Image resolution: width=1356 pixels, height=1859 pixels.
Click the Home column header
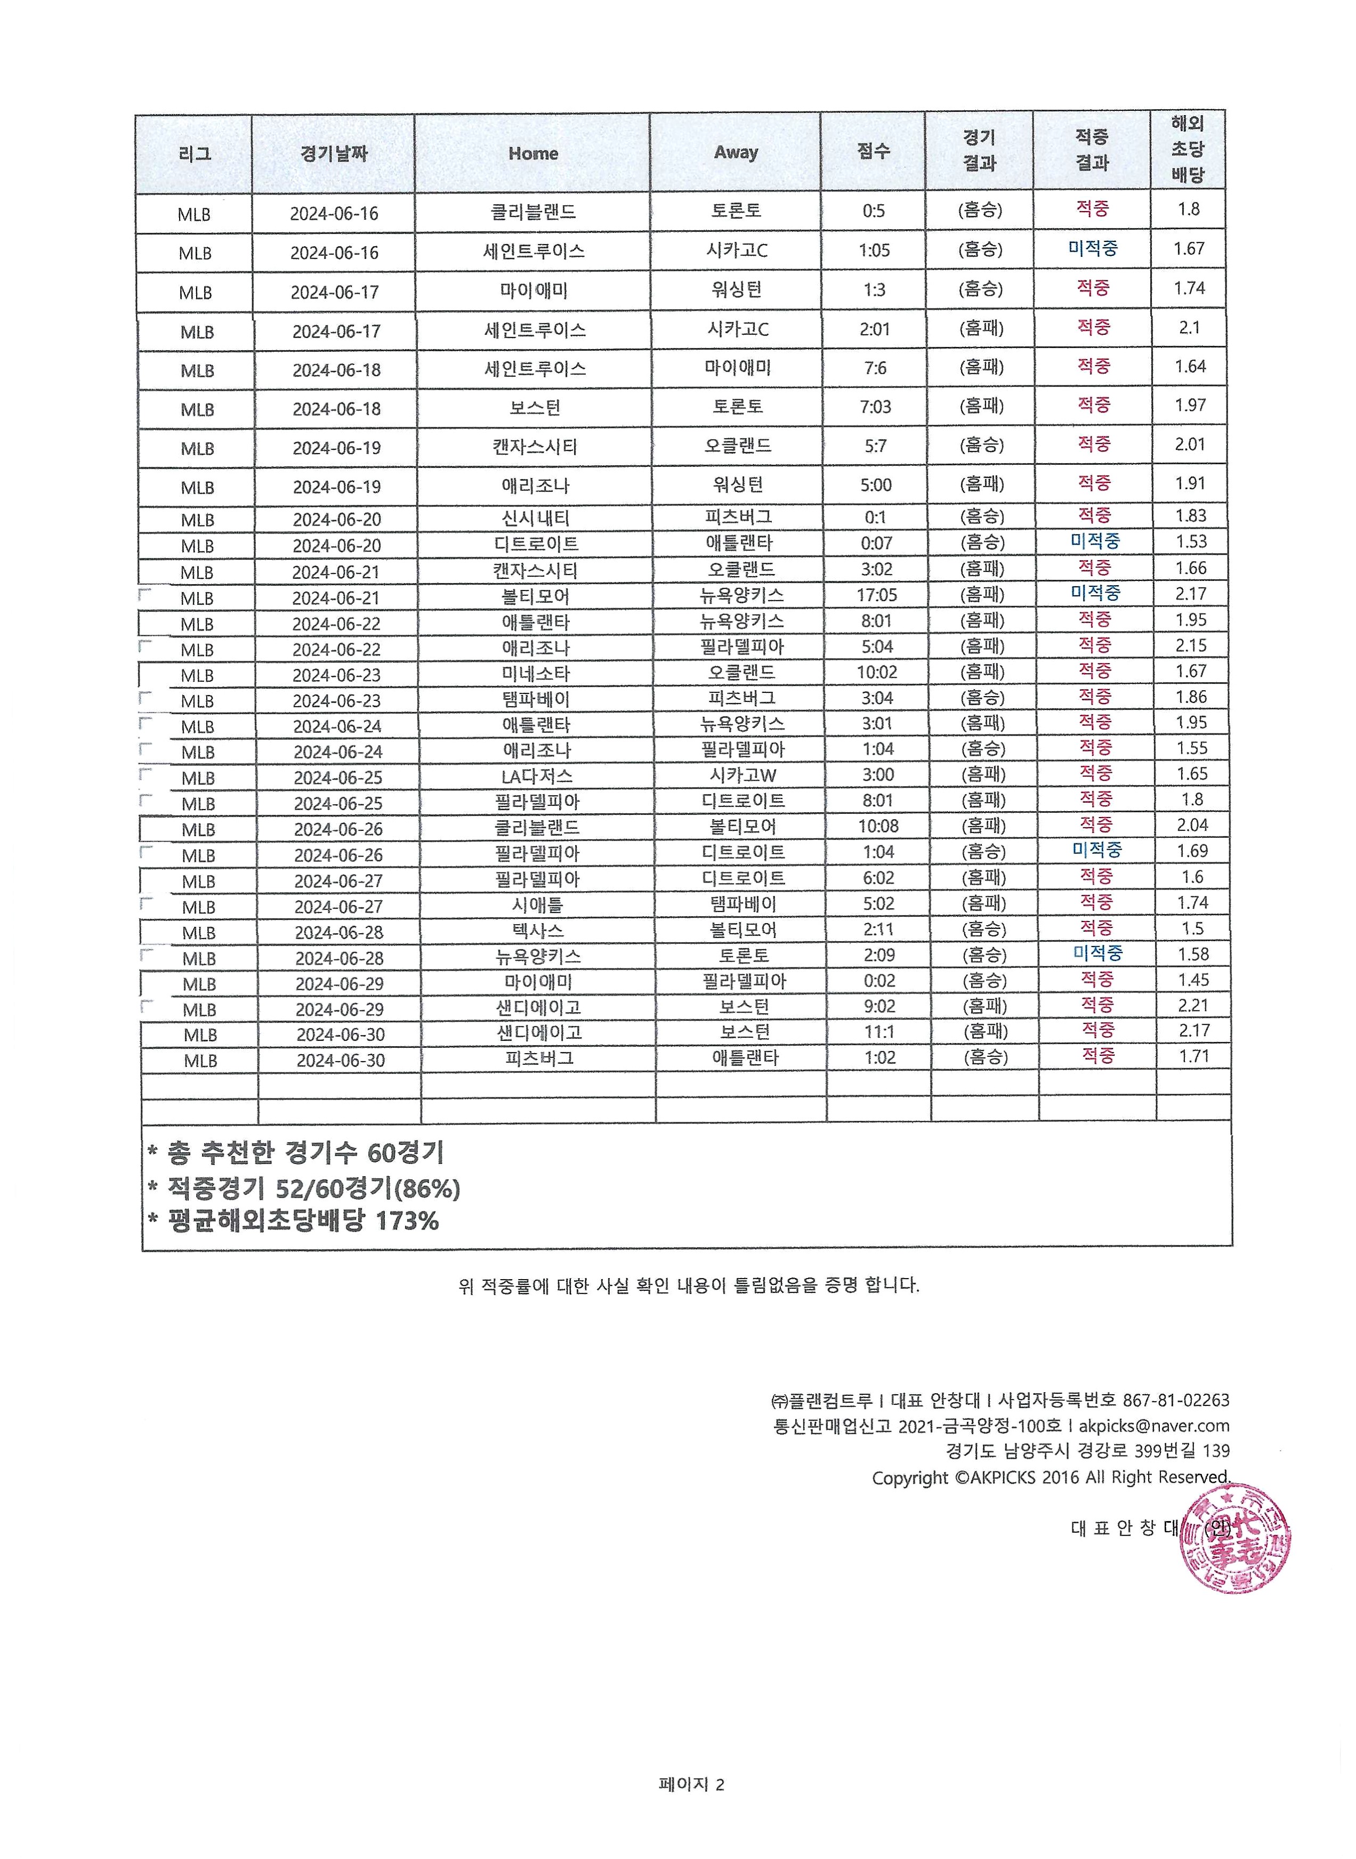tap(532, 153)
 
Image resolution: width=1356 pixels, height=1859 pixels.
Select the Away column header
tap(736, 152)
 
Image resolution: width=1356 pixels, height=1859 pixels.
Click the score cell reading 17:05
tap(877, 594)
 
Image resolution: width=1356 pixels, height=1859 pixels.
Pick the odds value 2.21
tap(1193, 1005)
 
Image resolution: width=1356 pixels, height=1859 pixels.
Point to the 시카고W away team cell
tap(743, 775)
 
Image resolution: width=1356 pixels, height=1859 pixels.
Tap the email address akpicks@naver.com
tap(1153, 1426)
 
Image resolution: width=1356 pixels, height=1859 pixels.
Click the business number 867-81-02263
tap(1175, 1400)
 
